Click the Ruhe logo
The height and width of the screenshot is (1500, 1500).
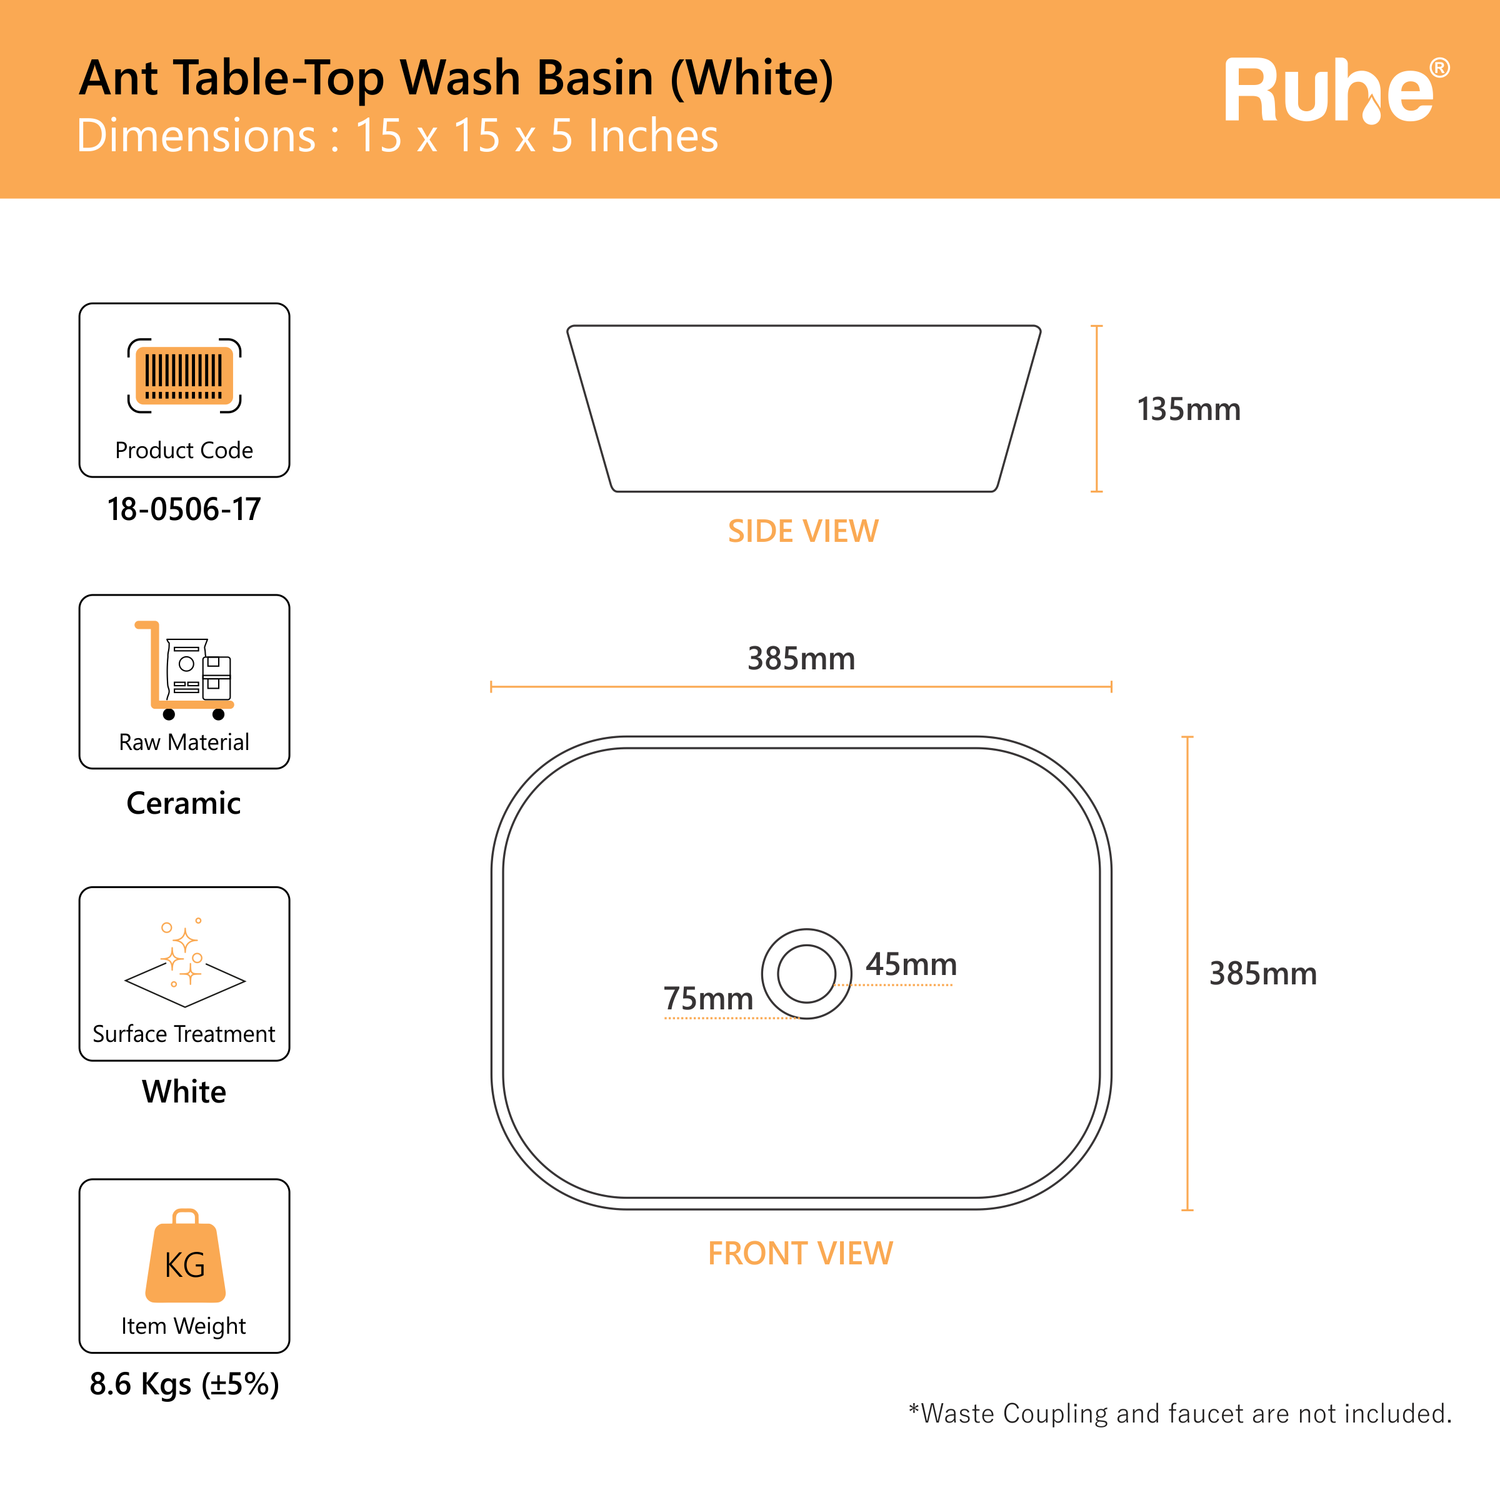click(1337, 91)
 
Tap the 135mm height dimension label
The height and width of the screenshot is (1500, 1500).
click(1188, 409)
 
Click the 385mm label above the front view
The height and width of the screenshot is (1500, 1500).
click(801, 659)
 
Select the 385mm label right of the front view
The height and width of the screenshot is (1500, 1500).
click(1263, 973)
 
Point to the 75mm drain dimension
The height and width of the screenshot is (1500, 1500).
click(708, 998)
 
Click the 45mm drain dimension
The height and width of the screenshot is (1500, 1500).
click(911, 964)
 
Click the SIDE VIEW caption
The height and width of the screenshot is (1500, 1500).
click(803, 531)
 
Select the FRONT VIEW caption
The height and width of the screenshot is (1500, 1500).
click(800, 1253)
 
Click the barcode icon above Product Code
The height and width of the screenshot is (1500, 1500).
click(184, 376)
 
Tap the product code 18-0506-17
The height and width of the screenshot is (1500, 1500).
click(184, 510)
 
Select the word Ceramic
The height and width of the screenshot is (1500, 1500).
click(184, 803)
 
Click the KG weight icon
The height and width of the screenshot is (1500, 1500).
click(185, 1256)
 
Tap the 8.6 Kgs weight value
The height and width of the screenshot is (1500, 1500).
click(184, 1384)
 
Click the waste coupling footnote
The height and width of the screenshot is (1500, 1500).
click(1180, 1413)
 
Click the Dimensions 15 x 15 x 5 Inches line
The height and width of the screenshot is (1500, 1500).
click(397, 136)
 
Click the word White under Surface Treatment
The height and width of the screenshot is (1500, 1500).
click(184, 1091)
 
